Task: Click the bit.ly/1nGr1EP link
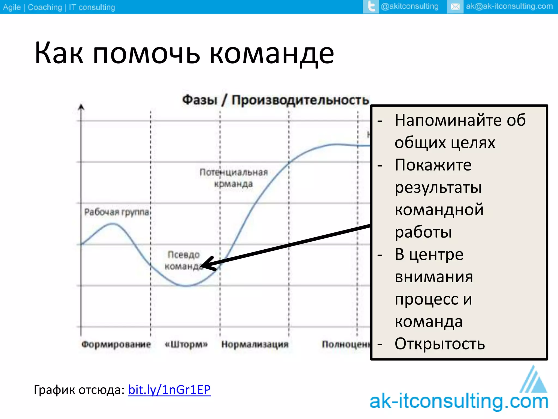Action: (169, 390)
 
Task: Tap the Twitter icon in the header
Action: (371, 7)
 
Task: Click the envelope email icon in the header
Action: (455, 7)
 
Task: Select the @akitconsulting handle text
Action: (410, 6)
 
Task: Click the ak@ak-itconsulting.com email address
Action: (509, 6)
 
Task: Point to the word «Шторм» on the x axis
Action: (186, 344)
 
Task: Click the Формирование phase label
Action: (116, 344)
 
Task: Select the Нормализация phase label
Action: (255, 344)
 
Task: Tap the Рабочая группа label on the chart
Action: (117, 212)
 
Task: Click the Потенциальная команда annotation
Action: (234, 178)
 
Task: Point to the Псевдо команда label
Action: (184, 260)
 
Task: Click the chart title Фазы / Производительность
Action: (275, 100)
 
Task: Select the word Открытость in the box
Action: (440, 344)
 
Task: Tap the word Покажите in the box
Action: (433, 165)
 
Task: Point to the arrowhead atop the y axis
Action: (81, 107)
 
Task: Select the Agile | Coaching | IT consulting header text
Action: (59, 7)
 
